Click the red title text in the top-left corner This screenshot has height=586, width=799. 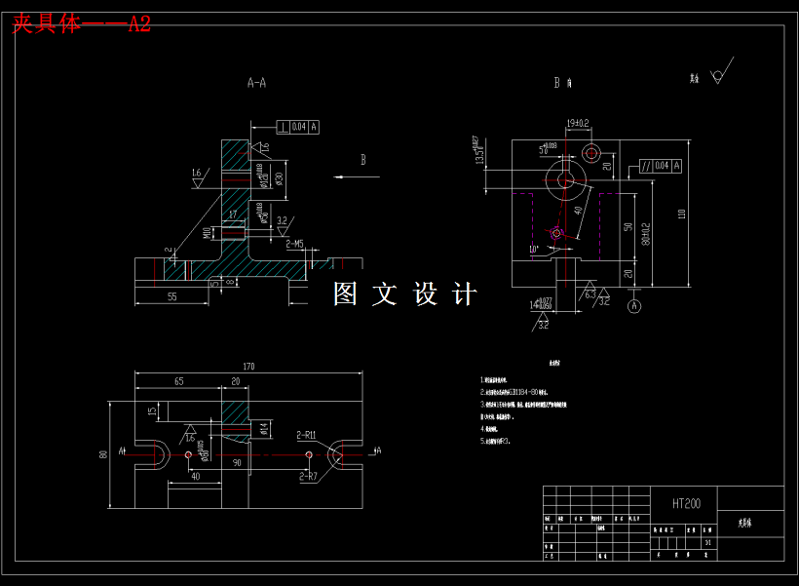click(x=81, y=23)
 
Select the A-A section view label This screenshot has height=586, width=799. click(x=256, y=83)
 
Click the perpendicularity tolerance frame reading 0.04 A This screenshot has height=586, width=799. click(x=298, y=127)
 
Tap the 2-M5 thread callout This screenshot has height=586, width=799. click(x=294, y=244)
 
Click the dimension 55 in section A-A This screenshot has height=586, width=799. click(x=171, y=296)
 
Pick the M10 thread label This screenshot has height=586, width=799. click(x=207, y=233)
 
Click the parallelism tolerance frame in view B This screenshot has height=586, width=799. click(x=660, y=166)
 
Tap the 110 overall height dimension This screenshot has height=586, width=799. click(x=681, y=213)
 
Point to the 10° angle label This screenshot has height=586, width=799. click(x=533, y=250)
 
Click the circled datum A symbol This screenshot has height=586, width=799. click(x=635, y=306)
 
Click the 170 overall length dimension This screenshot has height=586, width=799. click(x=248, y=367)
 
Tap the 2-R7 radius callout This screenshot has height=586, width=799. click(x=308, y=476)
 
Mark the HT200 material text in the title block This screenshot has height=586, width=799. click(x=686, y=504)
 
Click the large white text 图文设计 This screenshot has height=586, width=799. click(x=404, y=293)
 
